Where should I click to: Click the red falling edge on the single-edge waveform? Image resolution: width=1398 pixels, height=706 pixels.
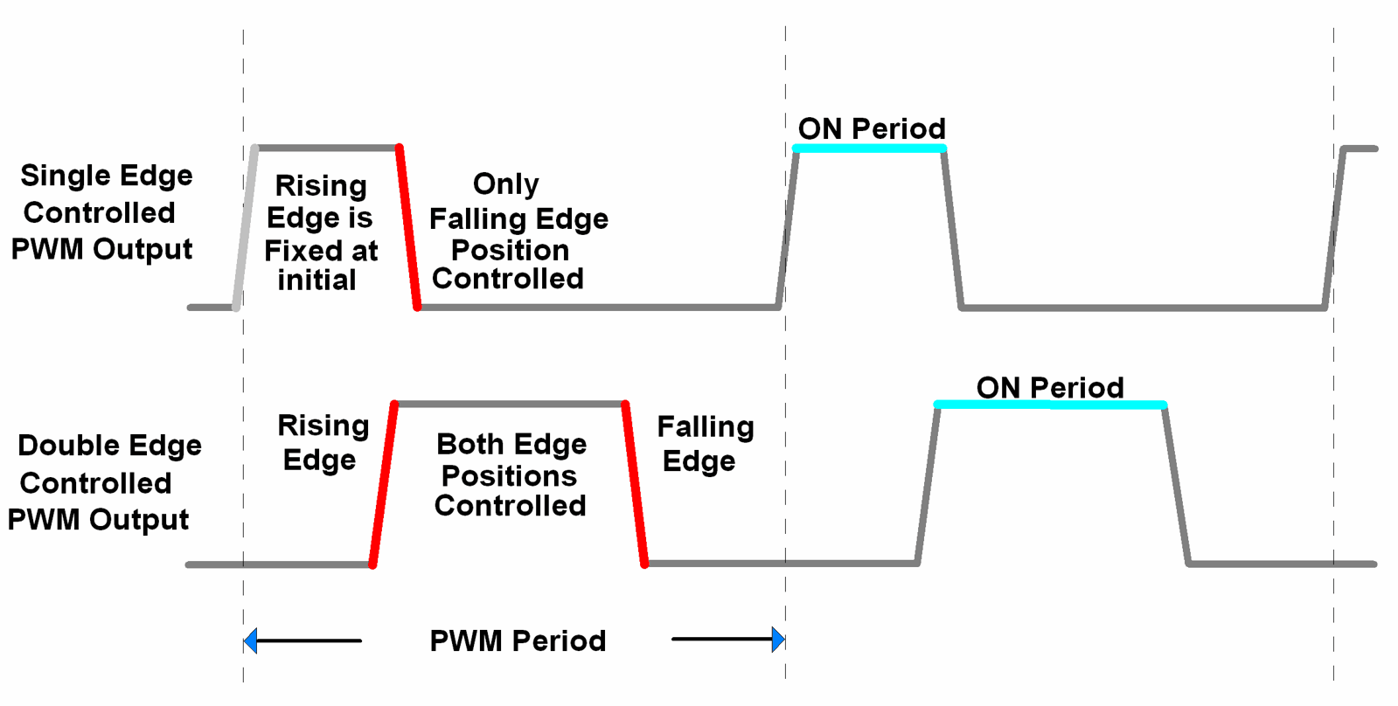tap(408, 227)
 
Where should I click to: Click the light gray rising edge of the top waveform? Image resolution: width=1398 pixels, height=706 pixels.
tap(246, 227)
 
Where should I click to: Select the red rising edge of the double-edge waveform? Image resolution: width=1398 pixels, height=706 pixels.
tap(384, 485)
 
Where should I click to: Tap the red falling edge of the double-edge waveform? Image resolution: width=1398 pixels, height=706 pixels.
tap(635, 485)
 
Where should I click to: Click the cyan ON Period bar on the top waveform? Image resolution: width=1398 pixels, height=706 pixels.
tap(869, 149)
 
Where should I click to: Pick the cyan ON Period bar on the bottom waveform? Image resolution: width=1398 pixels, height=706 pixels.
tap(1050, 405)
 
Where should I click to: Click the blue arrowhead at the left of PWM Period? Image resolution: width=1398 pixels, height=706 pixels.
tap(251, 641)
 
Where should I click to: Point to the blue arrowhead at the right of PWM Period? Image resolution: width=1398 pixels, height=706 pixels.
tap(778, 640)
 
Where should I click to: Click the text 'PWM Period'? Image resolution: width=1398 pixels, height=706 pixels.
tap(518, 641)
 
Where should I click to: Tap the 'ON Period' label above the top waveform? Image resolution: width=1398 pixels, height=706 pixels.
tap(872, 128)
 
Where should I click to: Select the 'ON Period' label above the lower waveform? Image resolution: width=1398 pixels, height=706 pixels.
tap(1050, 387)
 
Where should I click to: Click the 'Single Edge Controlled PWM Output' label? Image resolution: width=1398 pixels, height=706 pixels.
tap(102, 212)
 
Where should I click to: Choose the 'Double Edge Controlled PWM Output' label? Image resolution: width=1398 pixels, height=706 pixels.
tap(103, 482)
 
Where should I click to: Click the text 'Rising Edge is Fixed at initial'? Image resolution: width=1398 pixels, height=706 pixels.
tap(321, 233)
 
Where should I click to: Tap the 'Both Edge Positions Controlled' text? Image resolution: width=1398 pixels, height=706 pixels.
tap(511, 475)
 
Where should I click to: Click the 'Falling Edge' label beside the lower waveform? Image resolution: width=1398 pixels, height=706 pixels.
tap(704, 444)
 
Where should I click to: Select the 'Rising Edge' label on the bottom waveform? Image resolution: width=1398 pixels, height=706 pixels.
tap(323, 443)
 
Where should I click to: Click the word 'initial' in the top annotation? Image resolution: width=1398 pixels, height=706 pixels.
tap(316, 280)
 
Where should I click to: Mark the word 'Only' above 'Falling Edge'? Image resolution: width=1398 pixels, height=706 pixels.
tap(505, 184)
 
